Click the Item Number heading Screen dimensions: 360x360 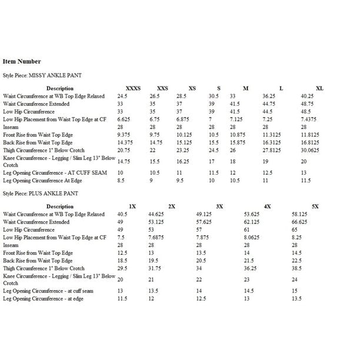tap(22, 61)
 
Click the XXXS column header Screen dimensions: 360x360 tap(134, 88)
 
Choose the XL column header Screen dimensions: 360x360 tap(319, 88)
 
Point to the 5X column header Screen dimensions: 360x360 tap(315, 206)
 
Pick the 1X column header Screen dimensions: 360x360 tap(132, 206)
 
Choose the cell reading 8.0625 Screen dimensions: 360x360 tap(252, 238)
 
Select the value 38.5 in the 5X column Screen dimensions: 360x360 tap(297, 268)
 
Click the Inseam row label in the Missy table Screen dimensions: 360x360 tap(11, 126)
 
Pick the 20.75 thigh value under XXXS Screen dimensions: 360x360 tap(124, 150)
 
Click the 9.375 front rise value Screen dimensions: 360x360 tap(124, 134)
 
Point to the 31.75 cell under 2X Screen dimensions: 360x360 tap(155, 268)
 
